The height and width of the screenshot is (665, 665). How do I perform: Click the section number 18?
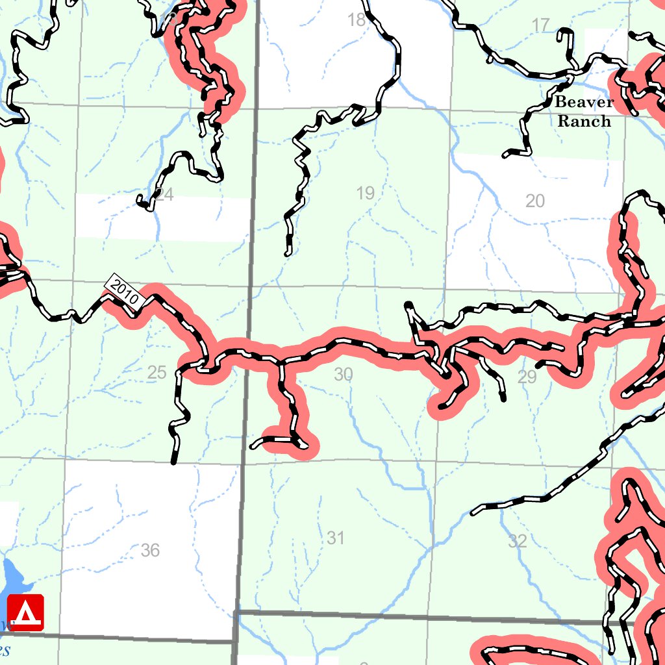357,20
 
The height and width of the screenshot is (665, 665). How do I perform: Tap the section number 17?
540,26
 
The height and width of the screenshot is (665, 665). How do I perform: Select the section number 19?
366,193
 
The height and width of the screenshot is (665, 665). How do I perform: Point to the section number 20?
535,201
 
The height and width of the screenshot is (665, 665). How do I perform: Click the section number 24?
164,195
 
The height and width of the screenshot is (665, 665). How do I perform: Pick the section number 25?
157,373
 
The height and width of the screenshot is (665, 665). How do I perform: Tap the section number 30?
343,374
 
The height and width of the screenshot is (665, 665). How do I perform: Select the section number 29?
527,377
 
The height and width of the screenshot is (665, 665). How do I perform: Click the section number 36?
150,551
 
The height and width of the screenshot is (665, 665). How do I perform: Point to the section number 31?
336,538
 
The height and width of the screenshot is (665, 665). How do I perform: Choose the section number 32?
518,541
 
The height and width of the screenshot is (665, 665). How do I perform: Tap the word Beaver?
584,102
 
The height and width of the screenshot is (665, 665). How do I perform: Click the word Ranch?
584,121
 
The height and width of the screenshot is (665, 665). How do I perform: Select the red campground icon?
25,612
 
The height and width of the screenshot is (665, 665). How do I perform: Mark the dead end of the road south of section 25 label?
173,462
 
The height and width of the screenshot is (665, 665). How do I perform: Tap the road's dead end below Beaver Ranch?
505,155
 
